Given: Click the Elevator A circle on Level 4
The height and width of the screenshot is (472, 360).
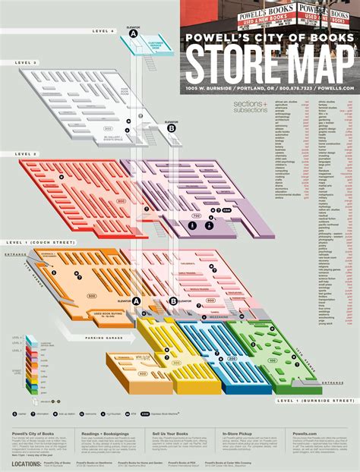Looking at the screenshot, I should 134,34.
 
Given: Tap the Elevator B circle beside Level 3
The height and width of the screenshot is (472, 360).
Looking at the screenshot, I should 172,129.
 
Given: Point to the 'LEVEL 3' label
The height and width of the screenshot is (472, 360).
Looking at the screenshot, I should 26,62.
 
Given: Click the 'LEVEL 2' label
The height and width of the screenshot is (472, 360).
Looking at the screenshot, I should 26,154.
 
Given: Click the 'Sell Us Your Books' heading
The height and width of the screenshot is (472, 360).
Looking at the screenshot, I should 166,433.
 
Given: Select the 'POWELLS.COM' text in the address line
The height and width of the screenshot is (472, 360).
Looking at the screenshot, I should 339,89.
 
